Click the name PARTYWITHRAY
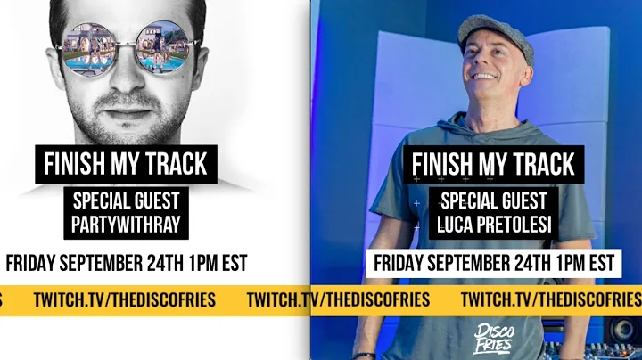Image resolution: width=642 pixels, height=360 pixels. tap(126, 224)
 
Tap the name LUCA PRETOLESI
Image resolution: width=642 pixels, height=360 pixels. tap(493, 224)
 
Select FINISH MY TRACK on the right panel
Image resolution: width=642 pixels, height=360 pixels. tap(493, 165)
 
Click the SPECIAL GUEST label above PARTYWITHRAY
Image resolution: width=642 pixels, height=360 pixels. tap(126, 200)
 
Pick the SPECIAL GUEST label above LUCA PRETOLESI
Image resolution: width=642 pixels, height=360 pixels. tap(493, 200)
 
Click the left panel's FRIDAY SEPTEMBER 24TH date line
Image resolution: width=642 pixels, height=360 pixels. tap(126, 264)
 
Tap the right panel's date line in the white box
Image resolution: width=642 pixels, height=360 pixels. tap(493, 264)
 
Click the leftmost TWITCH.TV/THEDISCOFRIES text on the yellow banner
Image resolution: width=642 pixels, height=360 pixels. tap(124, 299)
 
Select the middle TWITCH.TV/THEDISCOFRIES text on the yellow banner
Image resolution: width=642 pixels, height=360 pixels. tap(338, 299)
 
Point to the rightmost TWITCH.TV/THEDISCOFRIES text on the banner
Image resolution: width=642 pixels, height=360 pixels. tap(550, 299)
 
